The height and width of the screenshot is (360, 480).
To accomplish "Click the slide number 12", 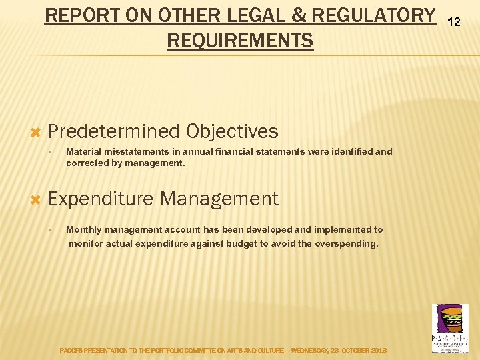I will [x=454, y=22].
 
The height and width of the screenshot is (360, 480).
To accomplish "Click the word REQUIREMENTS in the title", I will [x=240, y=41].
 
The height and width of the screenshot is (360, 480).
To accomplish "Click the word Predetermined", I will [x=114, y=131].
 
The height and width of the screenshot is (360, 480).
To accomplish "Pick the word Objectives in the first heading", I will [x=233, y=131].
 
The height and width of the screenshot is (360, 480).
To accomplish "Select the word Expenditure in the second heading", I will [x=101, y=199].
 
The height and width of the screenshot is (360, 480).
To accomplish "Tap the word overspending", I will [x=347, y=243].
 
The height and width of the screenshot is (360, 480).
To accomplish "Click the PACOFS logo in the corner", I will [x=451, y=327].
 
